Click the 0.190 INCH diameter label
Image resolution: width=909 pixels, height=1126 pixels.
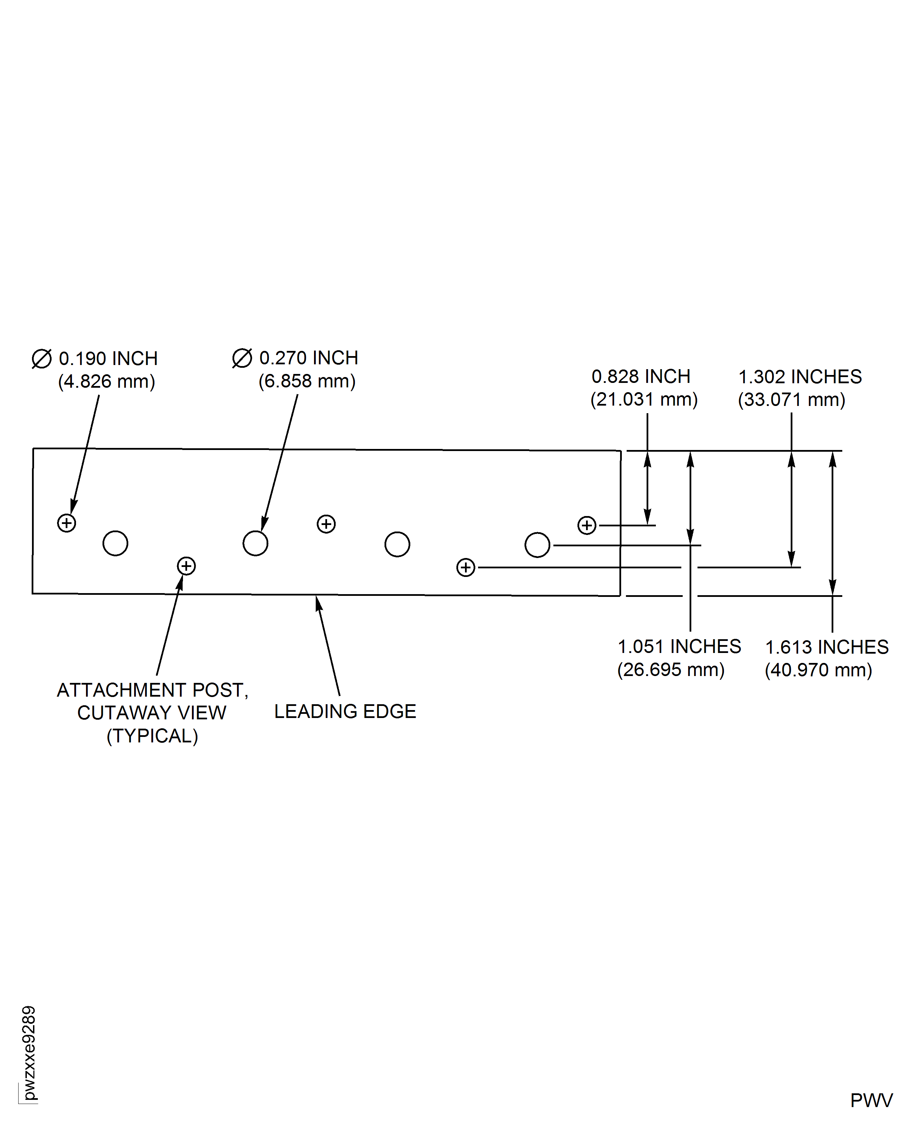(x=108, y=359)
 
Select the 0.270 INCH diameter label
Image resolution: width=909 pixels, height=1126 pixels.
(x=309, y=358)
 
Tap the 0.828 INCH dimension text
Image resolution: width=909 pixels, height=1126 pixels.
(x=641, y=377)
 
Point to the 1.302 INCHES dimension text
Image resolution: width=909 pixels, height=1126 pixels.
(x=800, y=377)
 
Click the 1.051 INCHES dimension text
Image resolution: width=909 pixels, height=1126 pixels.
(x=679, y=647)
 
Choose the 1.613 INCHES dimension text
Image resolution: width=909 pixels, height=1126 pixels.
(x=827, y=647)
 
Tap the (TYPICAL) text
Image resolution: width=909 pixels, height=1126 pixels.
(x=152, y=736)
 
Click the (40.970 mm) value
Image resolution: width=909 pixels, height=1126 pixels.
(x=819, y=671)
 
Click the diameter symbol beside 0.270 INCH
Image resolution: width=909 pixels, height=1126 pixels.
(x=242, y=358)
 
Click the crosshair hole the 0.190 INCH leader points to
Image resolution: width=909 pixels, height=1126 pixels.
(x=66, y=523)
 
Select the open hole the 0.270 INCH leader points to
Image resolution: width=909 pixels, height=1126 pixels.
(x=256, y=543)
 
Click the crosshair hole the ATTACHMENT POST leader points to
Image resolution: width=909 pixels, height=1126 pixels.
(x=186, y=566)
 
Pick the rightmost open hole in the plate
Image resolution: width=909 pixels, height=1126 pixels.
(x=537, y=545)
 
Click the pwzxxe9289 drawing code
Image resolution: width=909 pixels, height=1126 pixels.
(x=29, y=1053)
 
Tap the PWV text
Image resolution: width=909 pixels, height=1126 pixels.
(x=871, y=1100)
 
